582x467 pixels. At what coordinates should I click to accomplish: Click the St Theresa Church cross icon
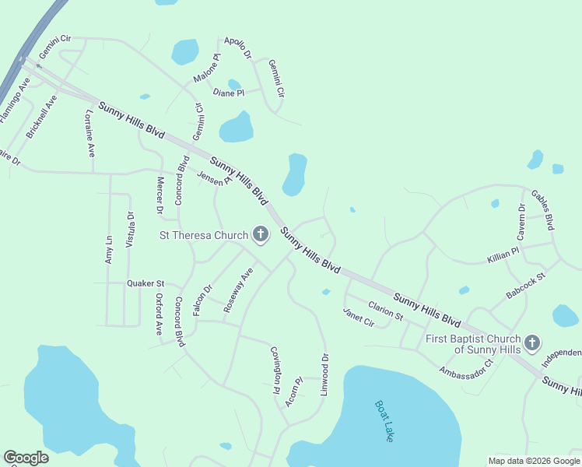[x=261, y=234]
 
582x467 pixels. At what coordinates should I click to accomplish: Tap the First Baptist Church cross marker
[x=532, y=342]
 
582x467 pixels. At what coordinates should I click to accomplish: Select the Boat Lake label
[x=384, y=421]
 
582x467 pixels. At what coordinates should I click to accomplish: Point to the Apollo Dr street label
[x=238, y=48]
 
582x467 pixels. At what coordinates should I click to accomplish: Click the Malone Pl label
[x=207, y=68]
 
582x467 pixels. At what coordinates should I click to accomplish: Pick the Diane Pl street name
[x=229, y=93]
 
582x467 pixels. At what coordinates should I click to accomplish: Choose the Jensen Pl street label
[x=215, y=178]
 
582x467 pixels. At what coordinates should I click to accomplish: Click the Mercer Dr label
[x=160, y=195]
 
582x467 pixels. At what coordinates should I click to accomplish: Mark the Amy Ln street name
[x=109, y=250]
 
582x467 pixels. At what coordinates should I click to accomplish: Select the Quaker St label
[x=145, y=284]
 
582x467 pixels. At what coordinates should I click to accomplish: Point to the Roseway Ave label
[x=239, y=290]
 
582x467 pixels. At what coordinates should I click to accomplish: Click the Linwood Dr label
[x=324, y=374]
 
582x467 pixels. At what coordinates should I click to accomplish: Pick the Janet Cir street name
[x=359, y=318]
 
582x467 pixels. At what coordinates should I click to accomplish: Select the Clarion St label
[x=385, y=311]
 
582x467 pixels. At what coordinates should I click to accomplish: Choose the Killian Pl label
[x=503, y=255]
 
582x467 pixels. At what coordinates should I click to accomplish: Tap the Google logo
[x=26, y=458]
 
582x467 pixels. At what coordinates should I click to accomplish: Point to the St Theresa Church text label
[x=204, y=234]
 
